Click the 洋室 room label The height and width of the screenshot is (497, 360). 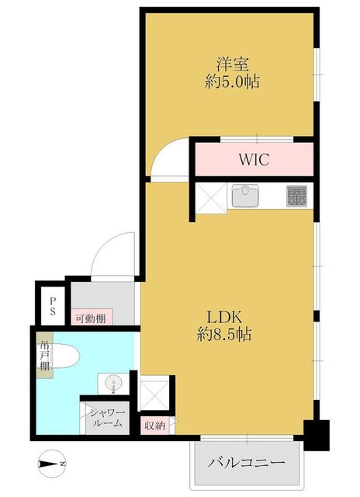tap(233, 64)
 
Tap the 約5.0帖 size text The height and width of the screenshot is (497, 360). tap(233, 82)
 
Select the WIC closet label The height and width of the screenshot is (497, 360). tap(254, 159)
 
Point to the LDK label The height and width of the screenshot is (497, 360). tap(224, 317)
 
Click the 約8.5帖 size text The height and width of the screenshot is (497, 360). tap(224, 334)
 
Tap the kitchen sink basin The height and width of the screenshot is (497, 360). tap(245, 196)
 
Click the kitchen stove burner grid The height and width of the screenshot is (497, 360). tap(296, 196)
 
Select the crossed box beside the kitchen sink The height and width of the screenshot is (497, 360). tap(211, 198)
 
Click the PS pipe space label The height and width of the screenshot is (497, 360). tap(53, 306)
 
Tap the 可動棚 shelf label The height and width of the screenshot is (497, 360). tap(91, 318)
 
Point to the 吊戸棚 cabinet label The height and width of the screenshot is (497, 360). tap(44, 356)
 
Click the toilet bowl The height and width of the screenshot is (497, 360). tap(64, 356)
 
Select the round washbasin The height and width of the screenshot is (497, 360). tap(112, 383)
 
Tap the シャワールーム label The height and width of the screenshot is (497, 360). tap(107, 418)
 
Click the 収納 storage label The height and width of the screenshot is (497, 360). tap(155, 426)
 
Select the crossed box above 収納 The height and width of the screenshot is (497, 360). tap(154, 394)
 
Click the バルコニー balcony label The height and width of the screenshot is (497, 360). tap(246, 463)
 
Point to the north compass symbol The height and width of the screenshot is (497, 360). tap(51, 464)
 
